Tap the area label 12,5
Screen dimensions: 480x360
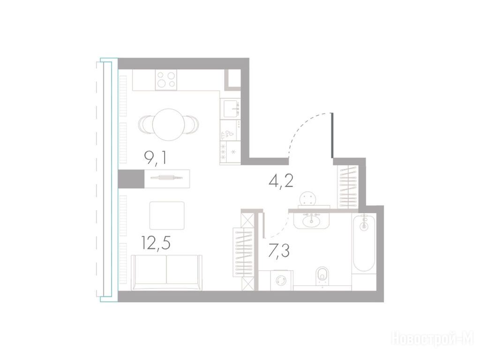click(156, 243)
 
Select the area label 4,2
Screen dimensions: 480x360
click(281, 181)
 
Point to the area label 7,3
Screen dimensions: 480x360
click(278, 252)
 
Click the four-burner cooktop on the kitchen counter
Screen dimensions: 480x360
click(166, 80)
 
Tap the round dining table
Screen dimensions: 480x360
click(169, 125)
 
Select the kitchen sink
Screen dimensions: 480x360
click(231, 108)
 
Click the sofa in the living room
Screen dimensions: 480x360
click(166, 272)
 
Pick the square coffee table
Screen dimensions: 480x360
click(167, 216)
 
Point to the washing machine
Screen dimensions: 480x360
click(281, 280)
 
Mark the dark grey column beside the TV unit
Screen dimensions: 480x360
click(131, 179)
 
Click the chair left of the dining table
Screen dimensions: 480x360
click(146, 125)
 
